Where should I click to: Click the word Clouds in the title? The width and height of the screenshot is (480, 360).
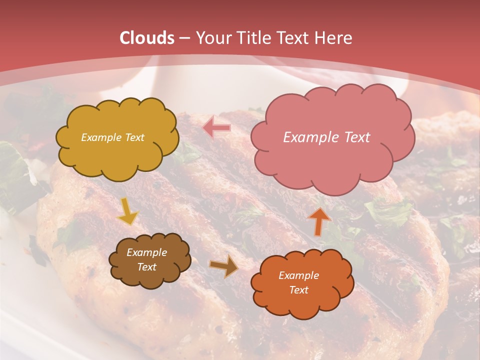pyautogui.click(x=146, y=38)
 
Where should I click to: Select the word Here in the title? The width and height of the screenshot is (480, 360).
pyautogui.click(x=333, y=38)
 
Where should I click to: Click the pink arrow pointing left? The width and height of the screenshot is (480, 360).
pyautogui.click(x=216, y=128)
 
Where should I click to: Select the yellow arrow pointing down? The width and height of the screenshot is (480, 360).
pyautogui.click(x=127, y=212)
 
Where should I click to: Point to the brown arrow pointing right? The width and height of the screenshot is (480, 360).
pyautogui.click(x=224, y=266)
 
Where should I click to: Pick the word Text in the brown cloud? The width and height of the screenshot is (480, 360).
pyautogui.click(x=146, y=267)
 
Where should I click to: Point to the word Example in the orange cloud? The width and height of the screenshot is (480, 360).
pyautogui.click(x=298, y=275)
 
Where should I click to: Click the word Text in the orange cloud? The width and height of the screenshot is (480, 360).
pyautogui.click(x=298, y=290)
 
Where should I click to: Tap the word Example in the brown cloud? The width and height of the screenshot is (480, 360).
pyautogui.click(x=146, y=253)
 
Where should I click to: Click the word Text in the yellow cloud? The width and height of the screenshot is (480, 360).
pyautogui.click(x=134, y=137)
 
